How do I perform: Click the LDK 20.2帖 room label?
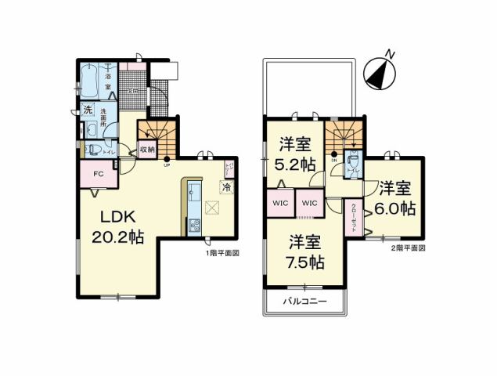(x=120, y=226)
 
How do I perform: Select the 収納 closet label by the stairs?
(x=146, y=149)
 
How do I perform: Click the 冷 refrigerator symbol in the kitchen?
(x=225, y=187)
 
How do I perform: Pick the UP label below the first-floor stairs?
(x=167, y=165)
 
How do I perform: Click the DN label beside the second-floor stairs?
(x=333, y=160)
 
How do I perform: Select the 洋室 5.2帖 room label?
(x=295, y=154)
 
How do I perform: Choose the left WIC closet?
(x=279, y=204)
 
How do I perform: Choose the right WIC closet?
(x=309, y=204)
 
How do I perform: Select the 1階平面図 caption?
(x=221, y=253)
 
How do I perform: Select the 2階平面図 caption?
(x=408, y=248)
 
